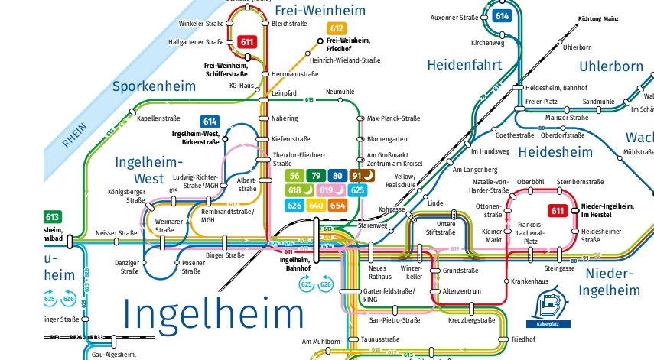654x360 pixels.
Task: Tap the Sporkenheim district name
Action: point(155,86)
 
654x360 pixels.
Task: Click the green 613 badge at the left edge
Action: point(52,217)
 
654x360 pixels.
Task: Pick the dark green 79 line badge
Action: point(317,176)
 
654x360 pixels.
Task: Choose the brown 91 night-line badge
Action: point(362,176)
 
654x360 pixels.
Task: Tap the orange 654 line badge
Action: point(337,205)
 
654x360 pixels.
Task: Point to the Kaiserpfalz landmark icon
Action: point(546,308)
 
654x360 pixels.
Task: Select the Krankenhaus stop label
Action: point(530,281)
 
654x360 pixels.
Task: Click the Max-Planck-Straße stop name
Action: point(394,118)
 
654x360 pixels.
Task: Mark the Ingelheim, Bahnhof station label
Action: point(290,264)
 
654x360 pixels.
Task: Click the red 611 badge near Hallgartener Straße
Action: point(247,42)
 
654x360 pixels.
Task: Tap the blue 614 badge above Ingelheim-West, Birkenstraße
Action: point(210,121)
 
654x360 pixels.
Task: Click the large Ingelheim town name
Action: point(213,315)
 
